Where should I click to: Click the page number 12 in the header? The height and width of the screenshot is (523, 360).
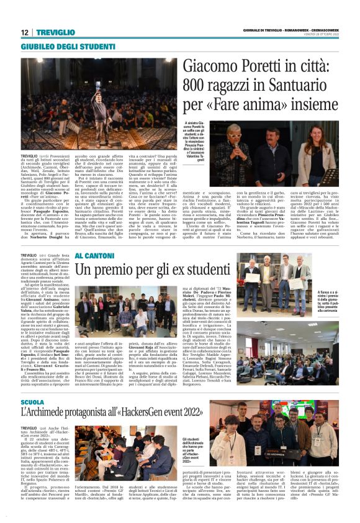(24, 32)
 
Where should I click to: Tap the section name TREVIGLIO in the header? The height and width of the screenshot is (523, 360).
(55, 32)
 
